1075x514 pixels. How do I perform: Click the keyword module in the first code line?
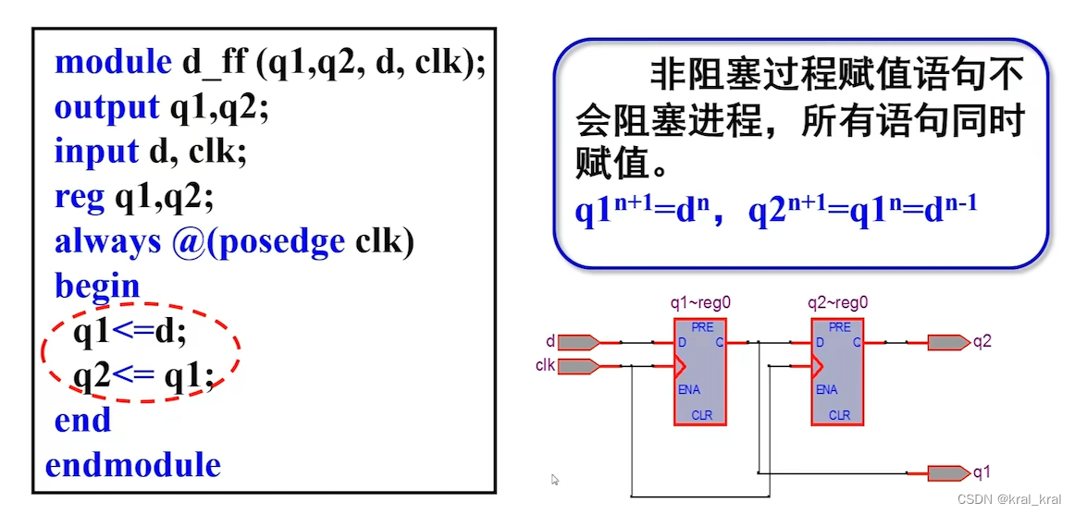pyautogui.click(x=113, y=63)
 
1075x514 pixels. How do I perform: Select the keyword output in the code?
pyautogui.click(x=106, y=107)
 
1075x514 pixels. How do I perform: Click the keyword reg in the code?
pyautogui.click(x=80, y=196)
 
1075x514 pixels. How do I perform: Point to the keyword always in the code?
pyautogui.click(x=107, y=241)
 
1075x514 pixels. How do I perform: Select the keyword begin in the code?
pyautogui.click(x=97, y=286)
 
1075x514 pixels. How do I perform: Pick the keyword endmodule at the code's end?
pyautogui.click(x=133, y=464)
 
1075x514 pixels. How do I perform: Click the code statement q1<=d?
pyautogui.click(x=130, y=331)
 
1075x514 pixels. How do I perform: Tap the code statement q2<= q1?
pyautogui.click(x=143, y=375)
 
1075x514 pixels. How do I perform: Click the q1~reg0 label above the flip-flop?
pyautogui.click(x=701, y=302)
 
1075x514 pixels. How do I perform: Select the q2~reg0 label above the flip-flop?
pyautogui.click(x=837, y=302)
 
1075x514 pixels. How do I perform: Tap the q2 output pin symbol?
pyautogui.click(x=948, y=342)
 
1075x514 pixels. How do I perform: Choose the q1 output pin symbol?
pyautogui.click(x=948, y=473)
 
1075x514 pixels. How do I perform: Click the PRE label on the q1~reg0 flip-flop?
pyautogui.click(x=702, y=327)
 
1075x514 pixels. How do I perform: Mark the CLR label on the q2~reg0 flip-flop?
pyautogui.click(x=839, y=415)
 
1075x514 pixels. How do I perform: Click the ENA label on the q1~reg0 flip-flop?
pyautogui.click(x=689, y=390)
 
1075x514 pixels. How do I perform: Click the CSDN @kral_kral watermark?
pyautogui.click(x=1009, y=499)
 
